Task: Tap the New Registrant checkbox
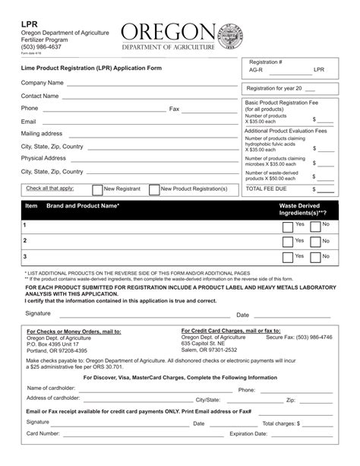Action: (97, 190)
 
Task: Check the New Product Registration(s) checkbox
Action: (154, 190)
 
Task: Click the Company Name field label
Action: (42, 82)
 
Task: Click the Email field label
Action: (28, 122)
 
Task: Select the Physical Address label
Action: (43, 158)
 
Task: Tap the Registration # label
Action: (266, 61)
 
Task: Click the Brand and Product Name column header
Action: (83, 206)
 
